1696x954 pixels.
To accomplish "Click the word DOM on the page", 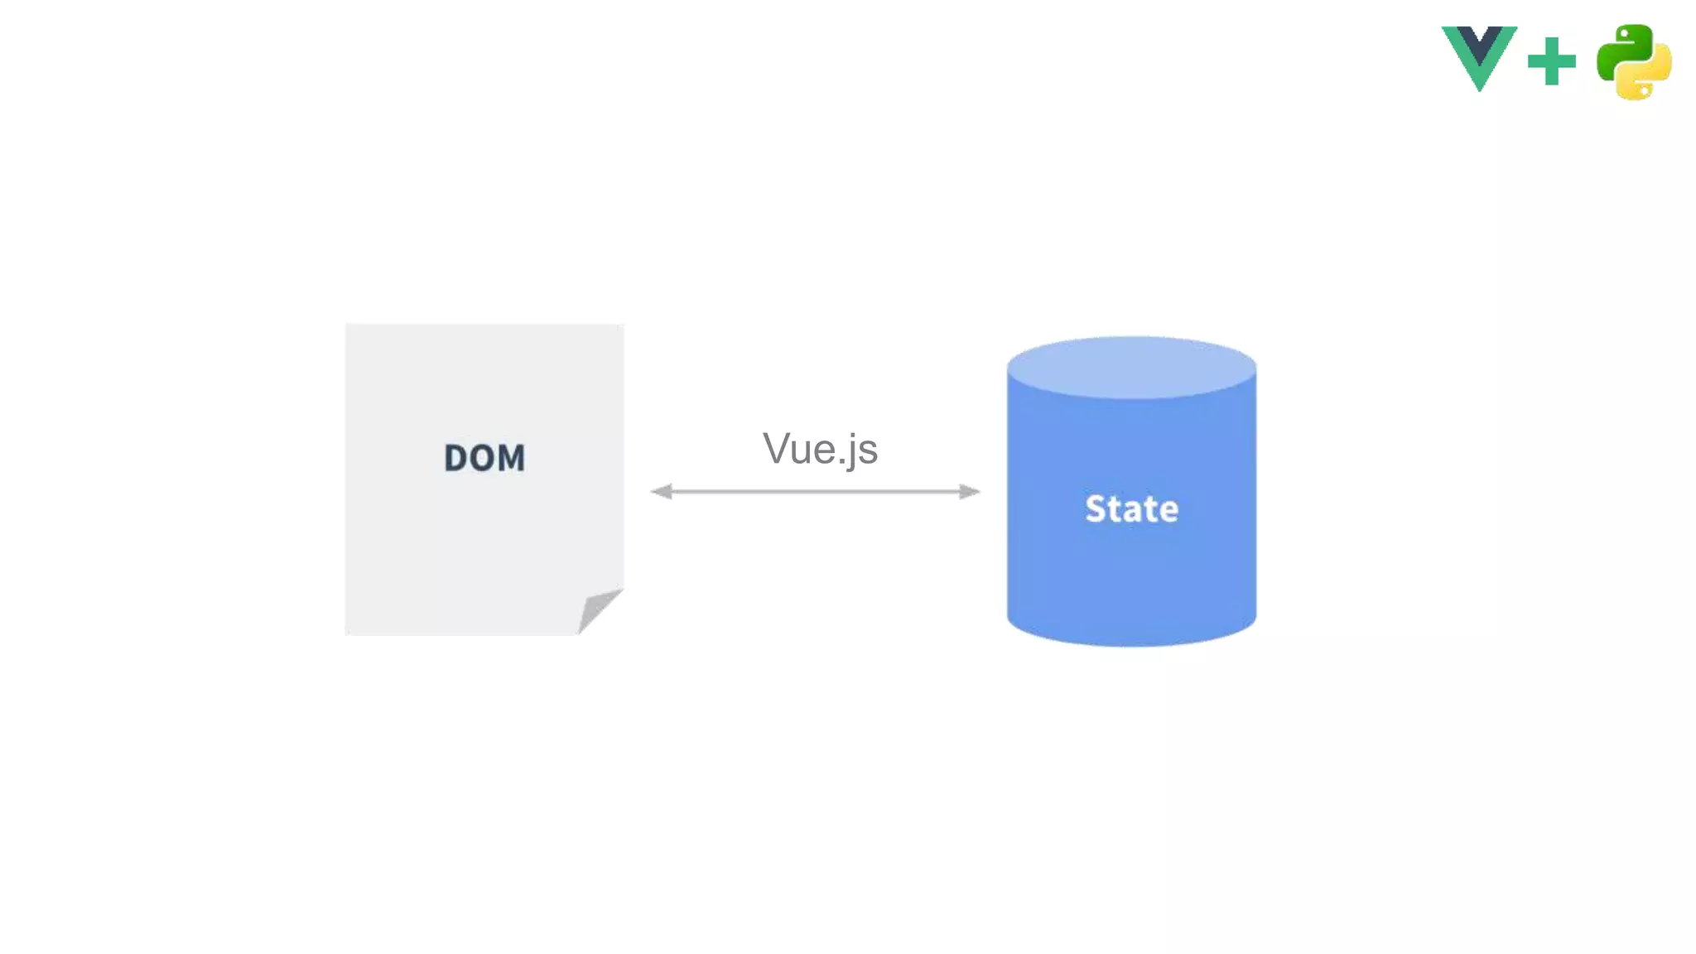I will tap(484, 458).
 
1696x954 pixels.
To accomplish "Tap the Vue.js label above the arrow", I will tap(820, 450).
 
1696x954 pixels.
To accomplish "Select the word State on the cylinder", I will tap(1131, 508).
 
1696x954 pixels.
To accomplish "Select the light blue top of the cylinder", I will tap(1131, 367).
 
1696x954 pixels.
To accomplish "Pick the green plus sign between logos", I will tap(1551, 61).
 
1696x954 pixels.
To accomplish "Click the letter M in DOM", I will tap(511, 458).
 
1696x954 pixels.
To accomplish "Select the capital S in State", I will tap(1096, 508).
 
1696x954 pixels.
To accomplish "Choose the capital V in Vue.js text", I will tap(776, 449).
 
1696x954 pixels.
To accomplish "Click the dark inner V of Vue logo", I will tap(1479, 41).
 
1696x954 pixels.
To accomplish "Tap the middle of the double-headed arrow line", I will tap(816, 492).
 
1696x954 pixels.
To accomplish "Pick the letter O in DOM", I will tap(483, 458).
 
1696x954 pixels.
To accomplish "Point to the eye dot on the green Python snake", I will tap(1624, 35).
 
